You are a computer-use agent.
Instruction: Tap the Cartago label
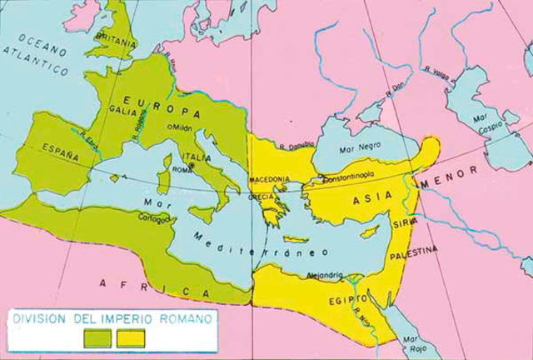click(154, 218)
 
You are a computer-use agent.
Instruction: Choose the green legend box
click(97, 337)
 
